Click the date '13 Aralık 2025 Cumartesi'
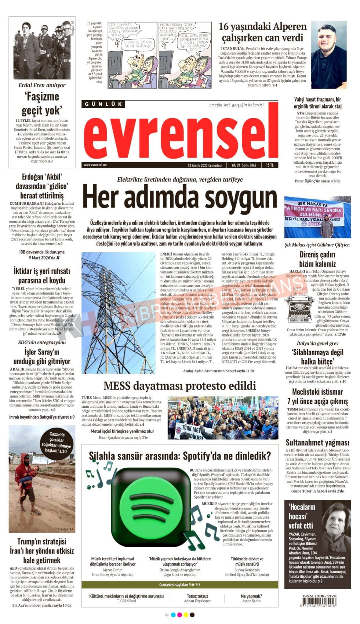click(204, 165)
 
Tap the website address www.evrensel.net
click(95, 165)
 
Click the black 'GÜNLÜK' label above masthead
click(103, 104)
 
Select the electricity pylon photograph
click(118, 312)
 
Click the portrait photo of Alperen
click(328, 55)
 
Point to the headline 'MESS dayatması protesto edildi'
click(179, 386)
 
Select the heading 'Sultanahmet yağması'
click(317, 442)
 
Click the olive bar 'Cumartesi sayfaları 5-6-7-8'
click(179, 585)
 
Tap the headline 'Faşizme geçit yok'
click(41, 104)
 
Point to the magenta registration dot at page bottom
click(179, 615)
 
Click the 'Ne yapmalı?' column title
click(251, 596)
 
